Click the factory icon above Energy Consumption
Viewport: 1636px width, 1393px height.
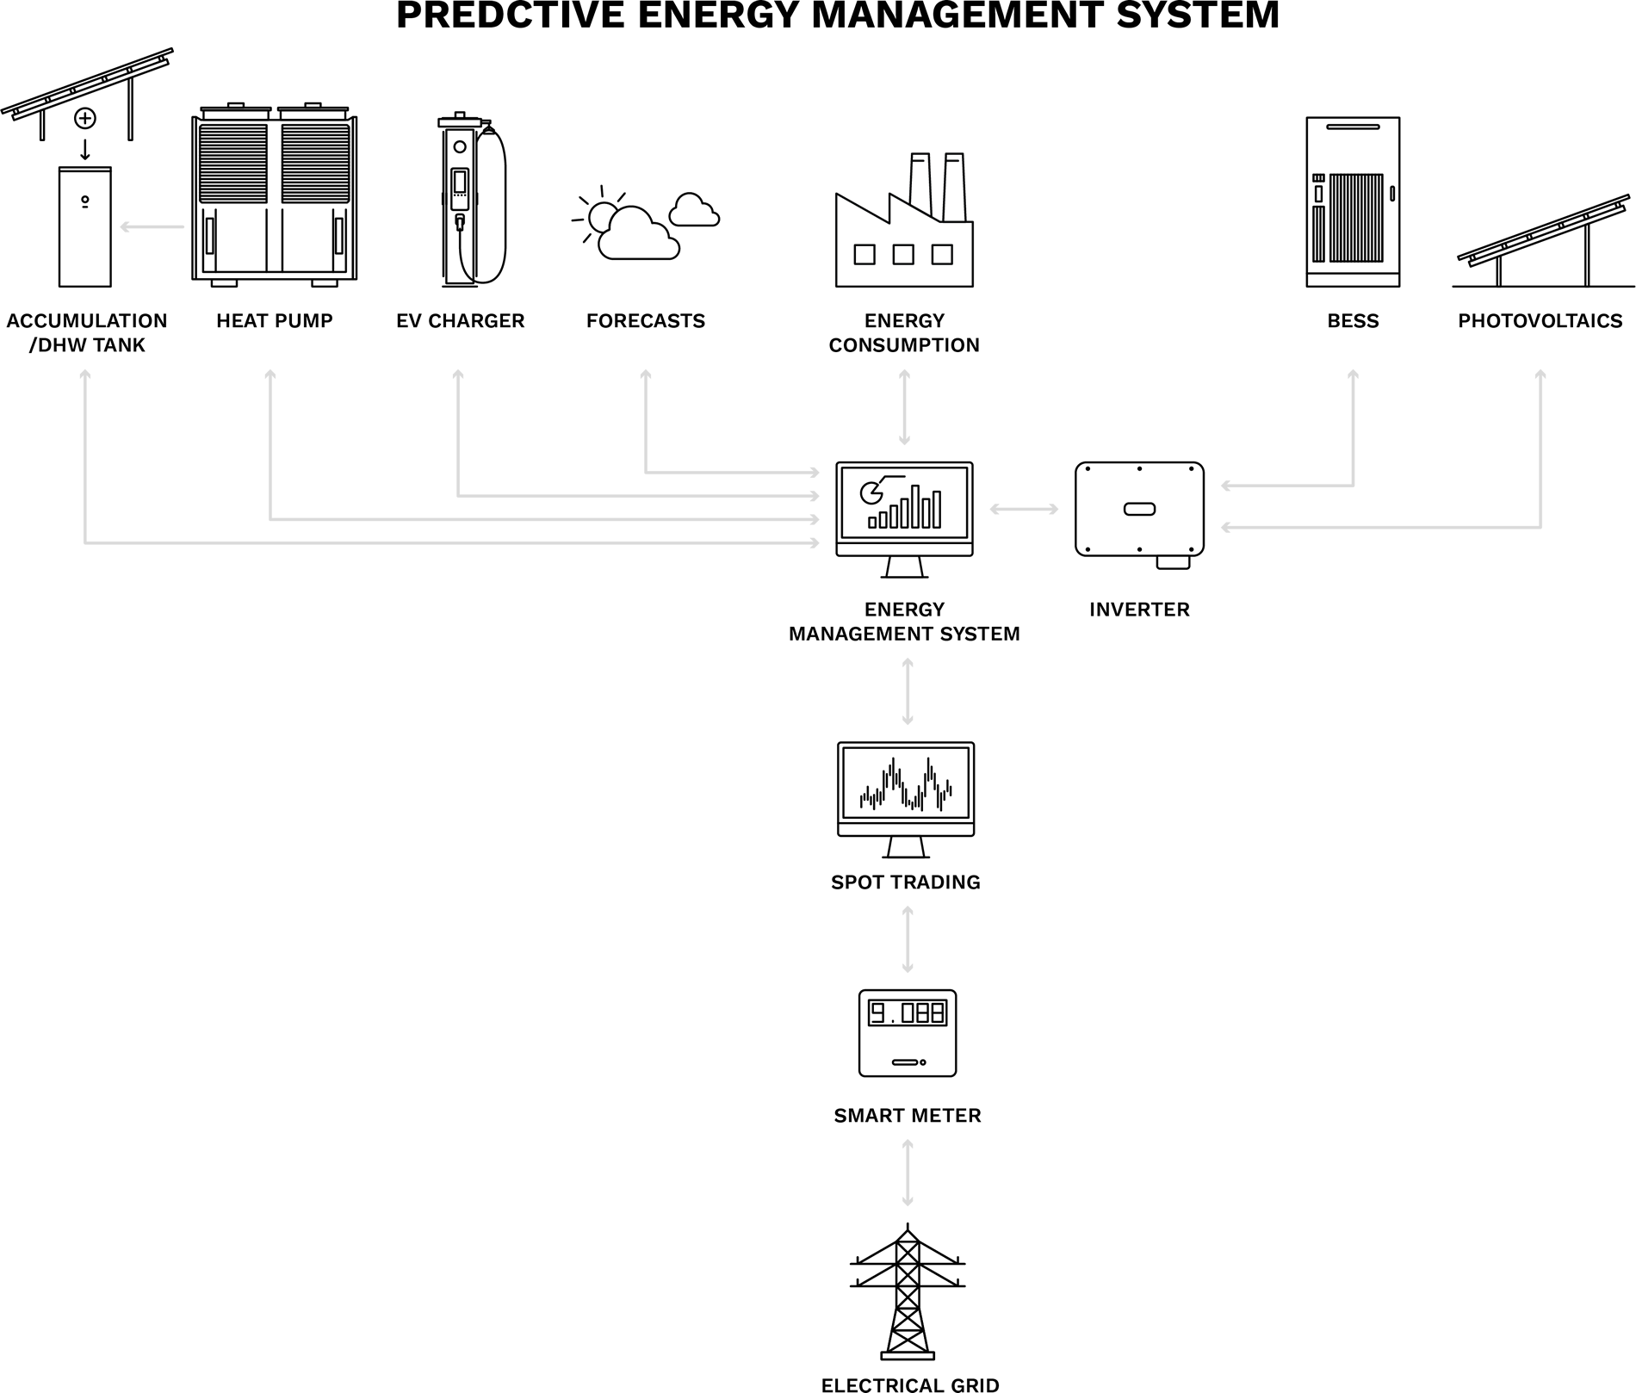coord(904,223)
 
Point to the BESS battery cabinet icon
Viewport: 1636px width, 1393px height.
coord(1353,201)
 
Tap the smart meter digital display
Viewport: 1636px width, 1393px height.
coord(907,1012)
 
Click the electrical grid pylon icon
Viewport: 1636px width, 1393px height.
coord(908,1292)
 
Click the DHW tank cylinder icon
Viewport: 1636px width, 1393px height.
coord(84,227)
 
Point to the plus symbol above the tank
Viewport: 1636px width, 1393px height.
coord(84,118)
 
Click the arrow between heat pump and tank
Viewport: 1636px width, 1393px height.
coord(152,227)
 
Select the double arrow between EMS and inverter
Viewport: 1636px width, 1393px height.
coord(1024,510)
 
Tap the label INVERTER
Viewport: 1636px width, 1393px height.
coord(1139,610)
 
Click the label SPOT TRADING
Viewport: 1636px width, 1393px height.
coord(906,882)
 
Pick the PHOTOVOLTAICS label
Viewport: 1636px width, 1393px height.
coord(1540,321)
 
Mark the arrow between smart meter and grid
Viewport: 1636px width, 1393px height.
coord(907,1172)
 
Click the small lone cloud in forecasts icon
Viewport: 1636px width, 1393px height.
coord(693,211)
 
